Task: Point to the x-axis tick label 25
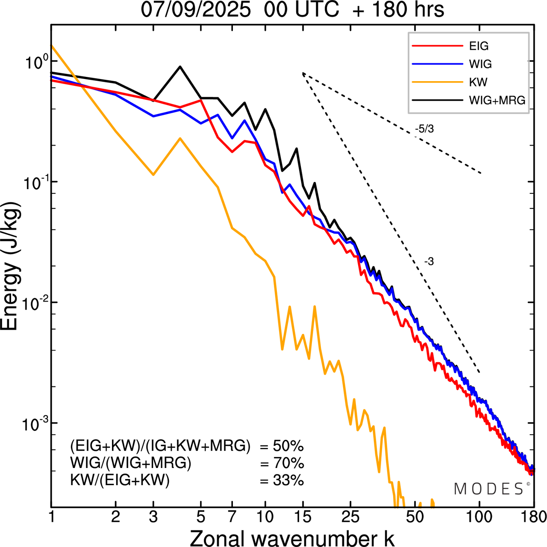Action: (351, 517)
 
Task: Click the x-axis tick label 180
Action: (534, 517)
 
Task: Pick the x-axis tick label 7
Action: (232, 517)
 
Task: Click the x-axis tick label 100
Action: (479, 517)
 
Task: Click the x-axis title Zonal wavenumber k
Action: (292, 538)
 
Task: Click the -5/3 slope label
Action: (424, 129)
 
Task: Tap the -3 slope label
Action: (429, 262)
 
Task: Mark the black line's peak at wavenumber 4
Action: (180, 67)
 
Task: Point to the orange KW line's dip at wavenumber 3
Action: (153, 175)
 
